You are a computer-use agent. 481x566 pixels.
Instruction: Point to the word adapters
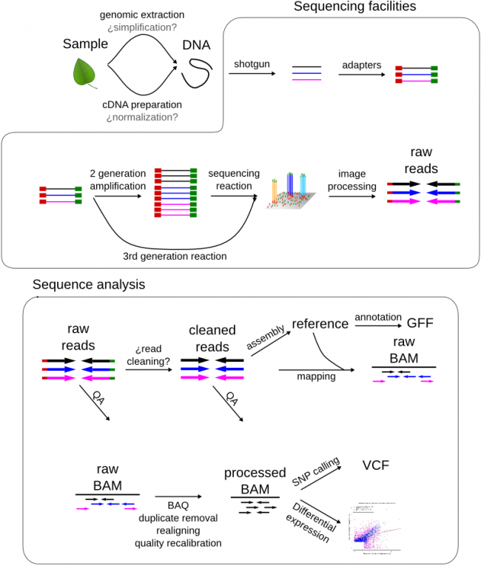point(361,64)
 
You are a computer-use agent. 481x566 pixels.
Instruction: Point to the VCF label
point(376,465)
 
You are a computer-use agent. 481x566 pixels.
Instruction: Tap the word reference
point(320,324)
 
